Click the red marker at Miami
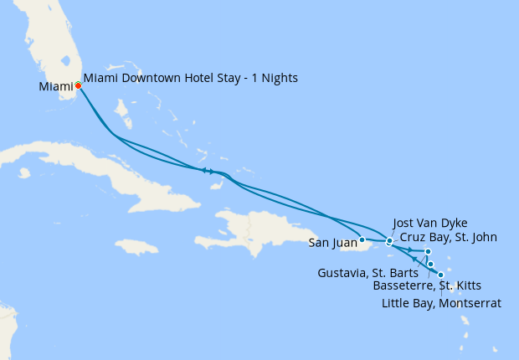(x=78, y=85)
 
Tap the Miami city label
(x=55, y=86)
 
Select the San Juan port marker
(x=362, y=240)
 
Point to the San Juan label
(x=331, y=244)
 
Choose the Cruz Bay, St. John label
(x=448, y=238)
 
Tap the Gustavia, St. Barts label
(x=368, y=273)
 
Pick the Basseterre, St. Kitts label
(x=427, y=286)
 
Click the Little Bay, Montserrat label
(x=441, y=303)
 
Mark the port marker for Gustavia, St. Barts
(x=428, y=251)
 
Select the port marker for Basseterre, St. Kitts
(x=431, y=265)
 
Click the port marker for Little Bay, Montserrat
(x=441, y=275)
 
